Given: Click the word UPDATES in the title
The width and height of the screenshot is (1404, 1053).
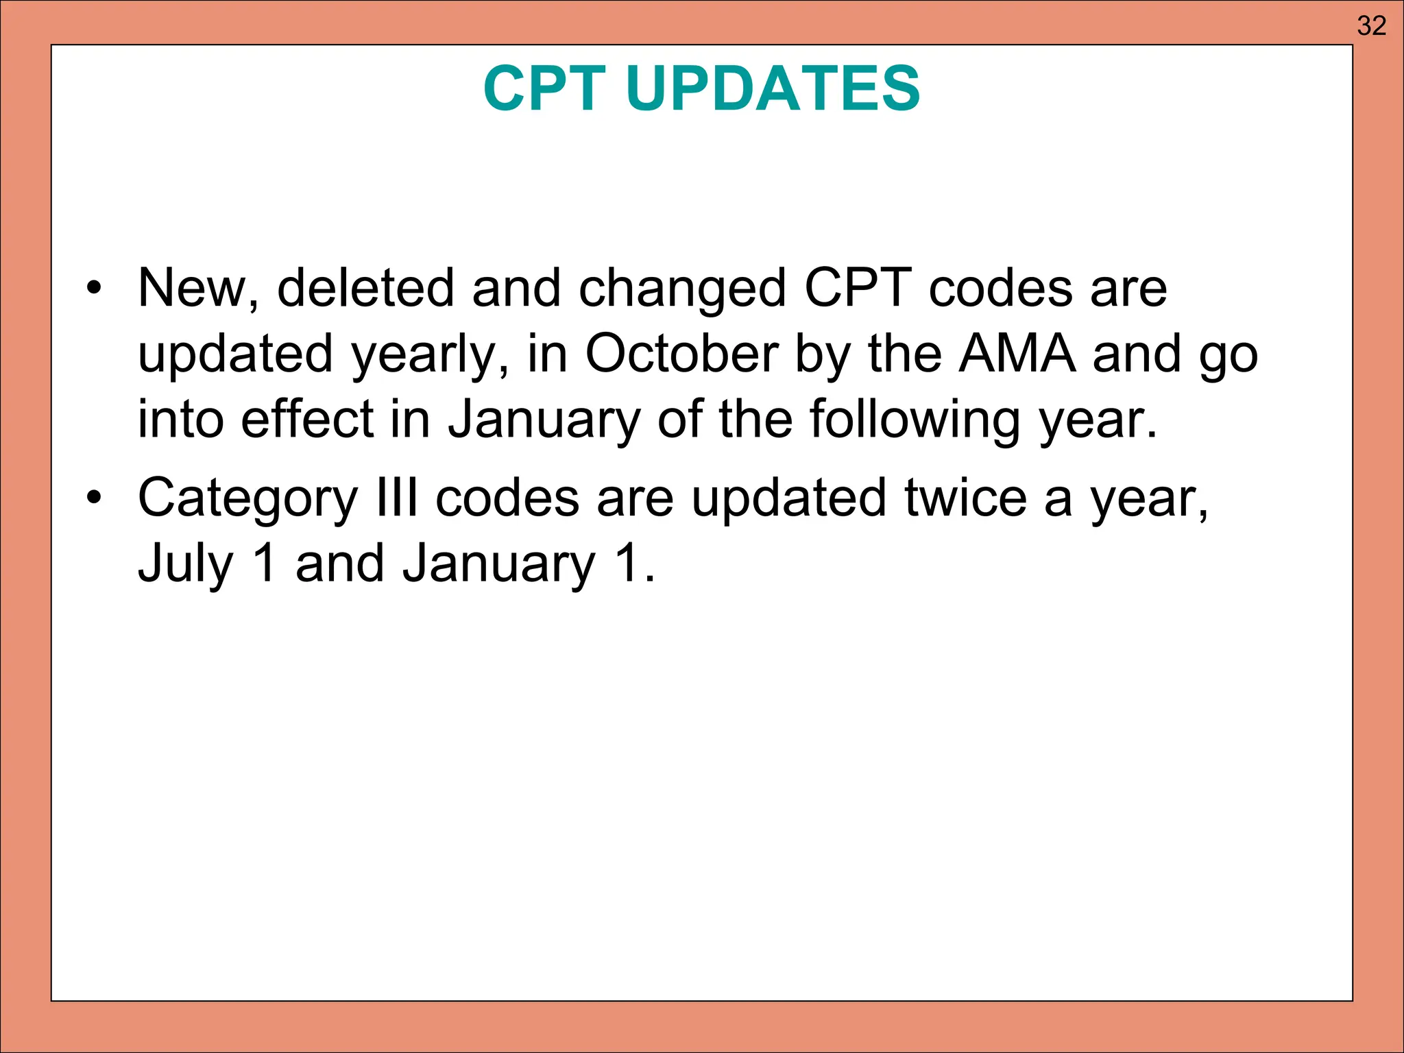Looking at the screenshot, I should (773, 88).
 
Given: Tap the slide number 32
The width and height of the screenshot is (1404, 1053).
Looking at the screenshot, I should (1372, 26).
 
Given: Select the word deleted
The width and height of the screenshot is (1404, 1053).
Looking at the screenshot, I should (365, 288).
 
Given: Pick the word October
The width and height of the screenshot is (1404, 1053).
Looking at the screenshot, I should (681, 354).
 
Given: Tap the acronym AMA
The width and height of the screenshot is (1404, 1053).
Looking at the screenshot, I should (1017, 354).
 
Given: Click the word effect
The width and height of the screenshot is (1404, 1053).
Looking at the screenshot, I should (307, 419).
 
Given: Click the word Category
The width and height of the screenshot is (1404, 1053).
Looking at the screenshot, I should (247, 499).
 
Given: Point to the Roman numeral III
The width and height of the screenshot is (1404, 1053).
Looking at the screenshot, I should (398, 498).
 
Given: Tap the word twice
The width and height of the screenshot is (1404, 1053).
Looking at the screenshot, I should (966, 498).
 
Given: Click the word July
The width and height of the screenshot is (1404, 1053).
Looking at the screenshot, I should (186, 564).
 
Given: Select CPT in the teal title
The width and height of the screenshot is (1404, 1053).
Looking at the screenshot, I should (544, 88).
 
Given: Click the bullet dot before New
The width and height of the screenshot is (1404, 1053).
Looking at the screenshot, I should (94, 287).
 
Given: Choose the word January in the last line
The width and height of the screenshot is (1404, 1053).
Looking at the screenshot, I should (498, 564).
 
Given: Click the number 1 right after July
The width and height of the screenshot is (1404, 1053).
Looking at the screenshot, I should (265, 563).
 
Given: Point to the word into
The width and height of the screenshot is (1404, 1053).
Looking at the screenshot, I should (180, 419).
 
